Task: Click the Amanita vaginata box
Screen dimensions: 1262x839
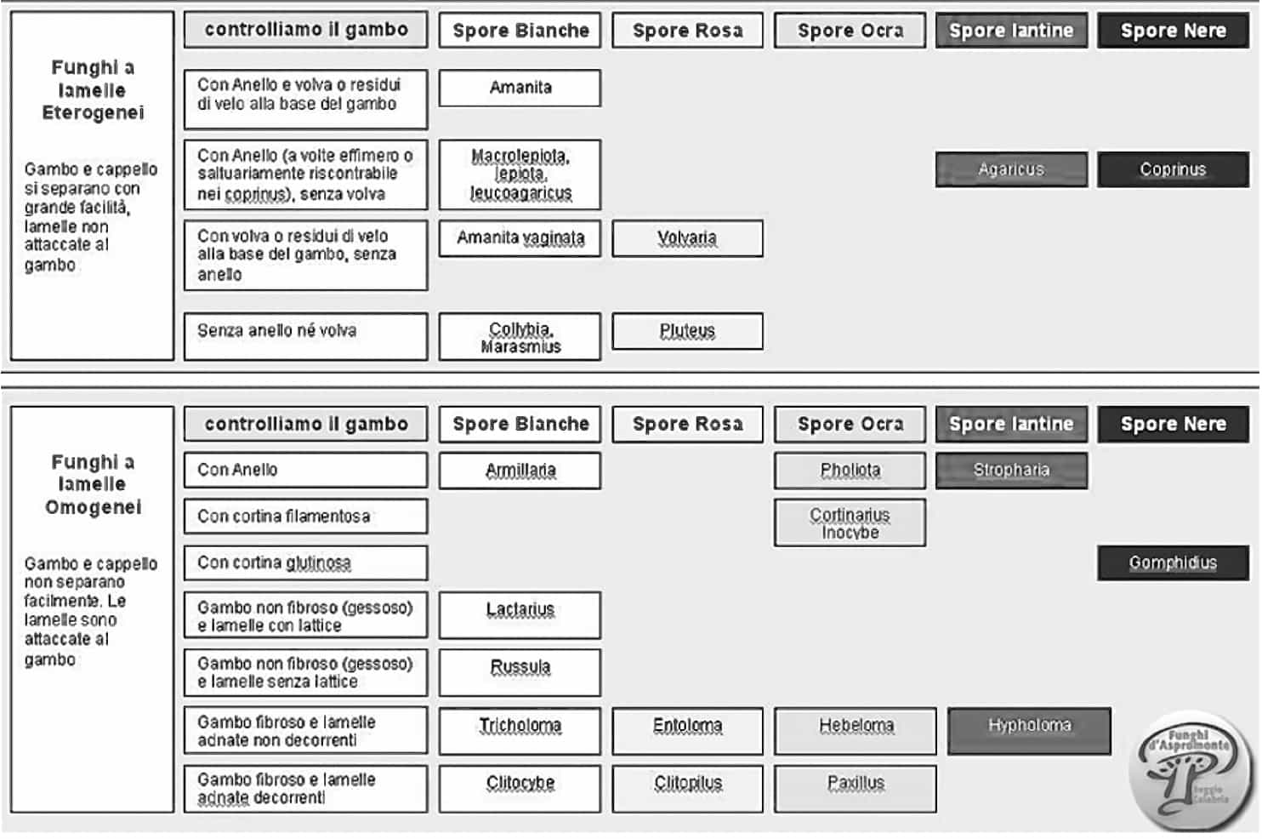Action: coord(520,238)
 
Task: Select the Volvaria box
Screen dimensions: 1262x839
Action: coord(687,238)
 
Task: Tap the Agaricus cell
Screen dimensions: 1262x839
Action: coord(1011,169)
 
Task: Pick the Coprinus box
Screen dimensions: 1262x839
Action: coord(1173,169)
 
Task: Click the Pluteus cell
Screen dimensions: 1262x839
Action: coord(687,332)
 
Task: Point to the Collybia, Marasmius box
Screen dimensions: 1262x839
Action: coord(520,337)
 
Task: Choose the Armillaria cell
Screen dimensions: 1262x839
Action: coord(520,471)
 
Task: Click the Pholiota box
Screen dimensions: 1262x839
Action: coord(850,471)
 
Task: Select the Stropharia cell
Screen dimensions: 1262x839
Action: coord(1011,471)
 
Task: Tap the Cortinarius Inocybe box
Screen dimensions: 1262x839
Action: coord(850,522)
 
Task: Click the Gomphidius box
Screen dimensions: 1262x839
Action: coord(1173,562)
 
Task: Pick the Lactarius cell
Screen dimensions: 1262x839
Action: coord(520,615)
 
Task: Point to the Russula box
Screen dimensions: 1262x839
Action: coord(520,673)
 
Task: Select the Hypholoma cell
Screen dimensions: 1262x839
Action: coord(1029,731)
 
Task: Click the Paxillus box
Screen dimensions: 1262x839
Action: coord(856,788)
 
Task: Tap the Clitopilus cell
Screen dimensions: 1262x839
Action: coord(687,788)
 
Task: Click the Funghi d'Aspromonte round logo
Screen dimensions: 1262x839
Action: coord(1190,770)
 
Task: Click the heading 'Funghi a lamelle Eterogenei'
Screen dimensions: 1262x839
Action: coord(93,89)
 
